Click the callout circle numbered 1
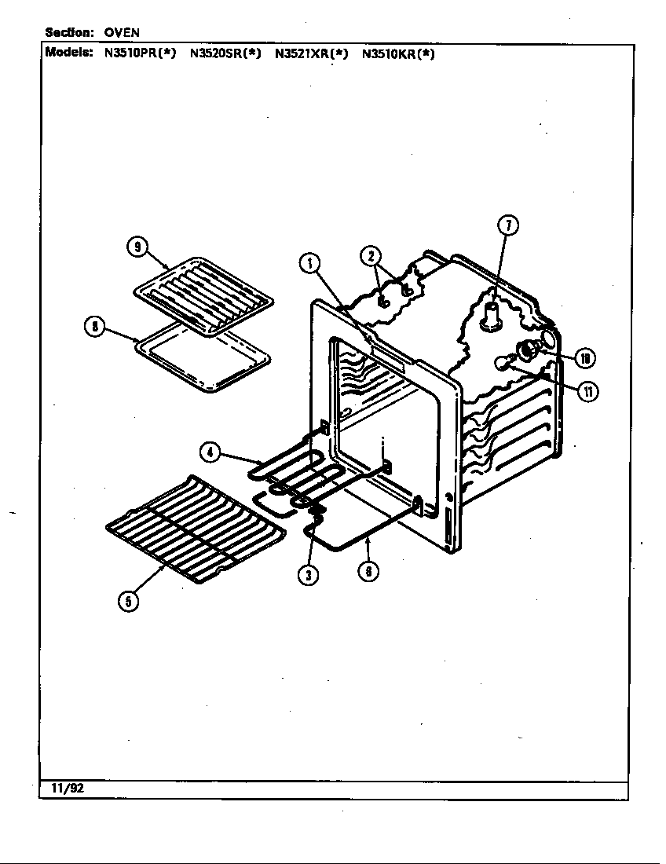310,264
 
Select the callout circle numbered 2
371,255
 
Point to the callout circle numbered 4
209,452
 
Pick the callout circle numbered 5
128,601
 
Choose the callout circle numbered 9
137,247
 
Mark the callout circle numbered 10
584,359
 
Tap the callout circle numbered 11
587,390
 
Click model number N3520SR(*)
225,54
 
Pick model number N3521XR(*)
311,54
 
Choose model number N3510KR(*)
397,54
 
